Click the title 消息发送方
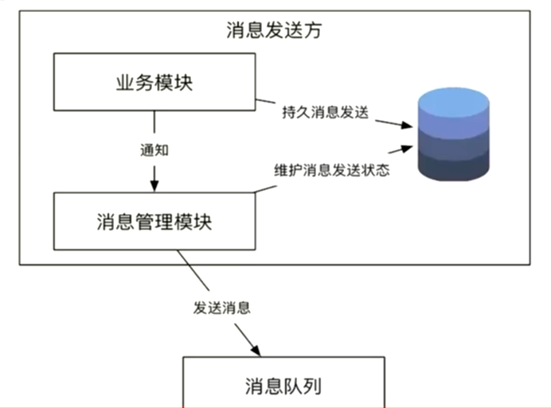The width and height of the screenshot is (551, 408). click(274, 32)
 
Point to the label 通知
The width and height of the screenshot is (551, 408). click(154, 149)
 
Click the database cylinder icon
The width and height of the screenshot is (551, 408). click(452, 135)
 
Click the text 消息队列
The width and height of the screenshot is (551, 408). click(284, 387)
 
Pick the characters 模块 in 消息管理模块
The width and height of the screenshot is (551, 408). click(194, 220)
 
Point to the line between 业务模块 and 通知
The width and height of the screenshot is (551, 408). click(154, 123)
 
